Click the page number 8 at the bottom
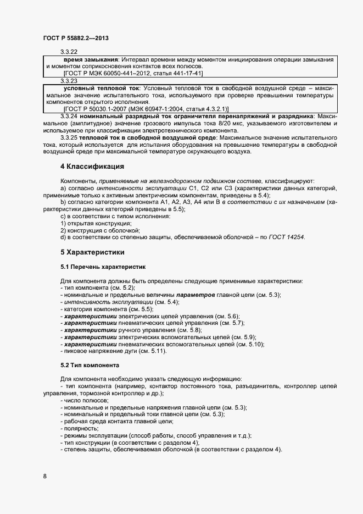point(44,476)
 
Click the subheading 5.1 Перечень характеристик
point(103,267)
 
